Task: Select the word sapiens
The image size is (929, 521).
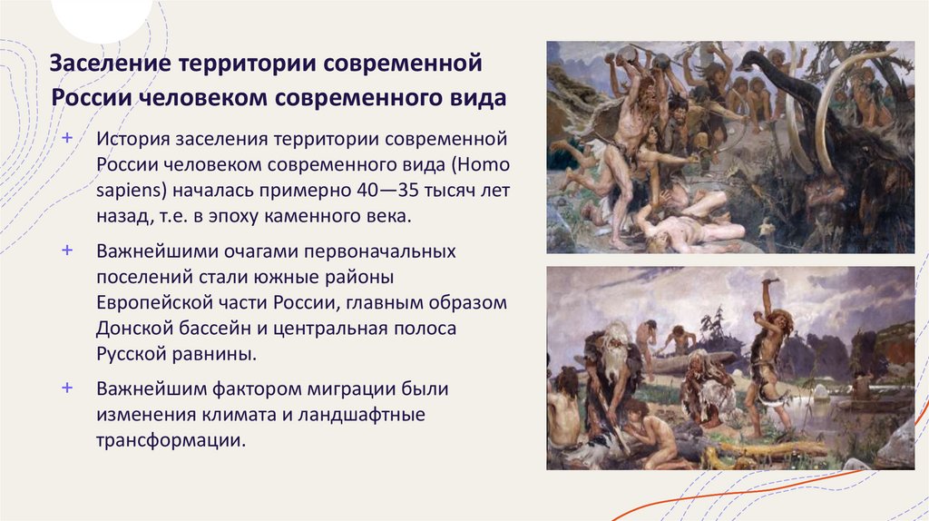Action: pyautogui.click(x=128, y=192)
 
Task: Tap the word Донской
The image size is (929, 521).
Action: pyautogui.click(x=137, y=328)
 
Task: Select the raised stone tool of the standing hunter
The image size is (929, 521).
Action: pyautogui.click(x=769, y=283)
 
